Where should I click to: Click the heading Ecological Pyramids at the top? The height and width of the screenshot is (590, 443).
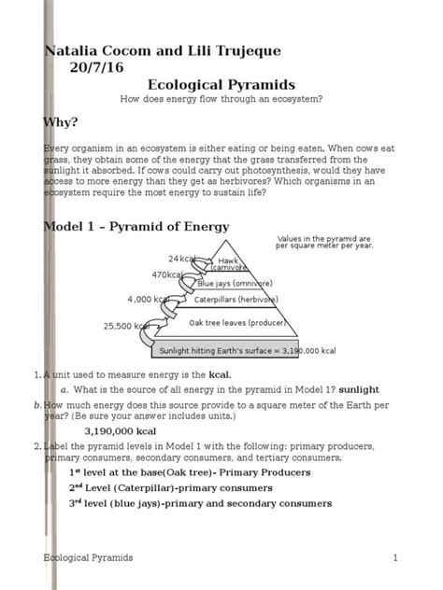[221, 84]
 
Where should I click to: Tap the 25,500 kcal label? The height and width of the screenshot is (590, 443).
[126, 326]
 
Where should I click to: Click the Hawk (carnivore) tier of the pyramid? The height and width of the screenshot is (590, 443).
[229, 263]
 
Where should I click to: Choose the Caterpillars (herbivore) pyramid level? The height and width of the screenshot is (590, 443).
[235, 301]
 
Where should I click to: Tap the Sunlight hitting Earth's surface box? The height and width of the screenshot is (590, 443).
[248, 351]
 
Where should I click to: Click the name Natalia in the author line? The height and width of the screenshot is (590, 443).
[75, 49]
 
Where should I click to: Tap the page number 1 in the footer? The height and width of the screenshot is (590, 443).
[396, 557]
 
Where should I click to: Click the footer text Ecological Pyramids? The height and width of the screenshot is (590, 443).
[89, 557]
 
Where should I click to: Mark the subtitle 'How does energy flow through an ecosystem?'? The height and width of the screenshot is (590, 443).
[221, 99]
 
